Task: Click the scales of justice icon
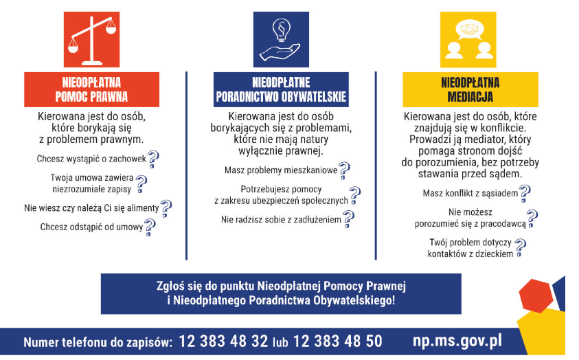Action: (x=92, y=38)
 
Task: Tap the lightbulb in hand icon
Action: (x=280, y=38)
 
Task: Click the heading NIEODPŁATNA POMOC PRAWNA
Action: (x=92, y=89)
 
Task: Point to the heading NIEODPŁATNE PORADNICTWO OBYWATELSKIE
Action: (x=281, y=89)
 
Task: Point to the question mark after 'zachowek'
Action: (x=153, y=159)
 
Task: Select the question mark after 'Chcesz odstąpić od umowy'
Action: (x=149, y=227)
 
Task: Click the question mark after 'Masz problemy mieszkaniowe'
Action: (x=343, y=170)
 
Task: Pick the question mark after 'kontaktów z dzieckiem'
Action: (x=520, y=248)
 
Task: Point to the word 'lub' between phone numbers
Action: (x=280, y=342)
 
